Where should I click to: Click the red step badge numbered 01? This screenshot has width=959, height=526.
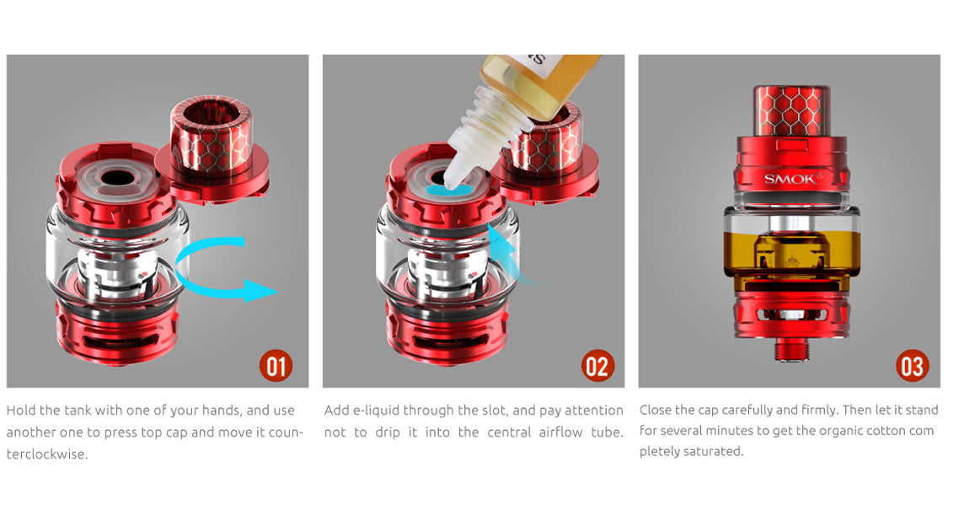pos(275,366)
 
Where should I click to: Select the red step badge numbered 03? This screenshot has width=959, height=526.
pos(912,366)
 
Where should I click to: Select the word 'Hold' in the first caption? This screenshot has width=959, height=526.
pos(21,411)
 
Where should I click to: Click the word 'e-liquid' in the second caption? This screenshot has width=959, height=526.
pos(373,411)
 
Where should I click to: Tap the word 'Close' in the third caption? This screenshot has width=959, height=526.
pos(657,411)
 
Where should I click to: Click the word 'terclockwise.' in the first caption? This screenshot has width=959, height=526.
pos(47,454)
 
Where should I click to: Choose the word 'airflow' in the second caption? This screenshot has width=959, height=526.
pos(565,432)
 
